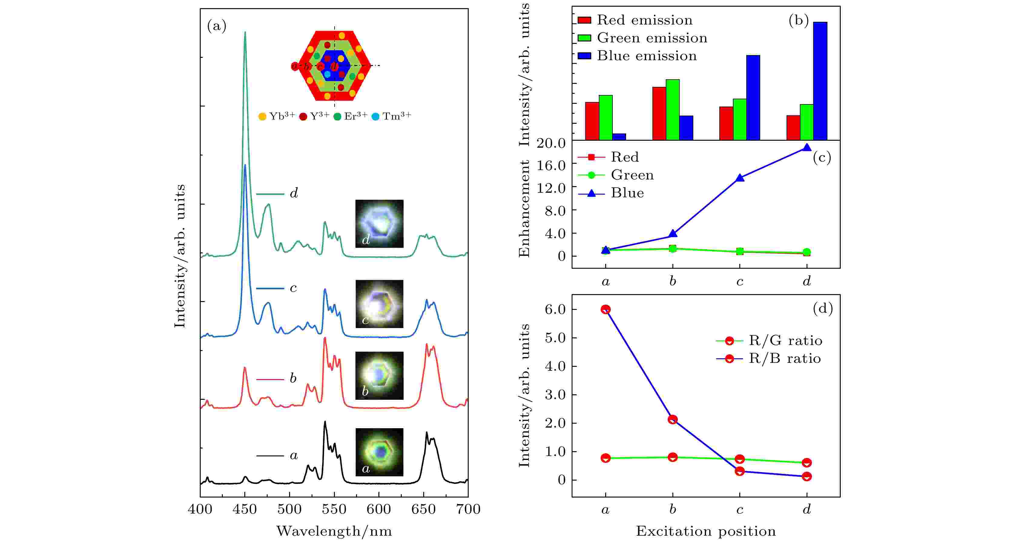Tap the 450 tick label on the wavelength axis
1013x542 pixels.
pos(245,509)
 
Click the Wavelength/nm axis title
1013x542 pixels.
pos(334,531)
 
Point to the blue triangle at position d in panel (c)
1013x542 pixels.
pos(807,148)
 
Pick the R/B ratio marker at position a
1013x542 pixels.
pos(605,309)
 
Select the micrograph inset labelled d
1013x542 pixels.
pos(379,224)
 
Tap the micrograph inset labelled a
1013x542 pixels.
pos(379,452)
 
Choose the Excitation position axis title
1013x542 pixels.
pos(706,531)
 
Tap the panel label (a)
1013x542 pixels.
pos(217,26)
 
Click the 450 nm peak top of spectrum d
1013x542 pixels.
pos(245,33)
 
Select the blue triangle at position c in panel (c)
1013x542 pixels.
pos(740,178)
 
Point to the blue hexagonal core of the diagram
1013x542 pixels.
pos(335,65)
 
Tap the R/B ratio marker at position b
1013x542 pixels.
pos(672,419)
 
